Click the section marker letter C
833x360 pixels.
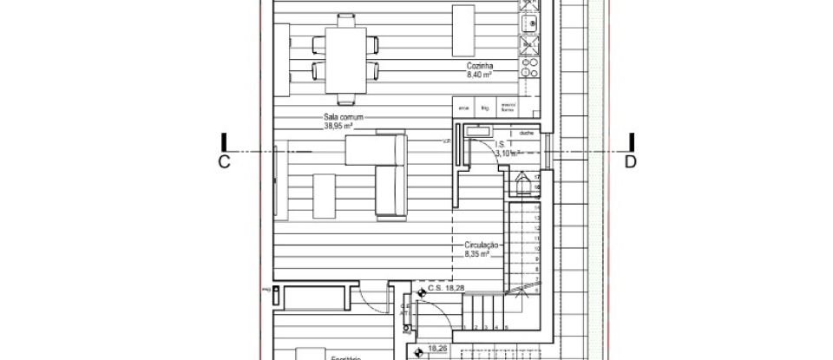point(224,161)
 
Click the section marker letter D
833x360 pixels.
point(631,161)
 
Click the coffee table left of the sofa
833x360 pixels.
point(323,194)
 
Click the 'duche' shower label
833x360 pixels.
point(527,134)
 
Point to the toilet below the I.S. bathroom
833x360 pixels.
point(524,185)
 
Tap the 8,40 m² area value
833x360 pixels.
point(479,76)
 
